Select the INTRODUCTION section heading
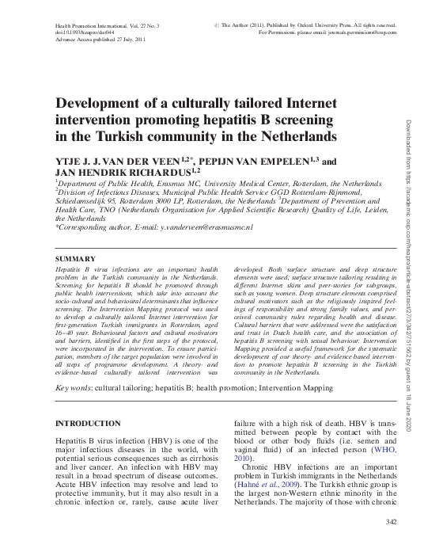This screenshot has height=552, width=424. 87,424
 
